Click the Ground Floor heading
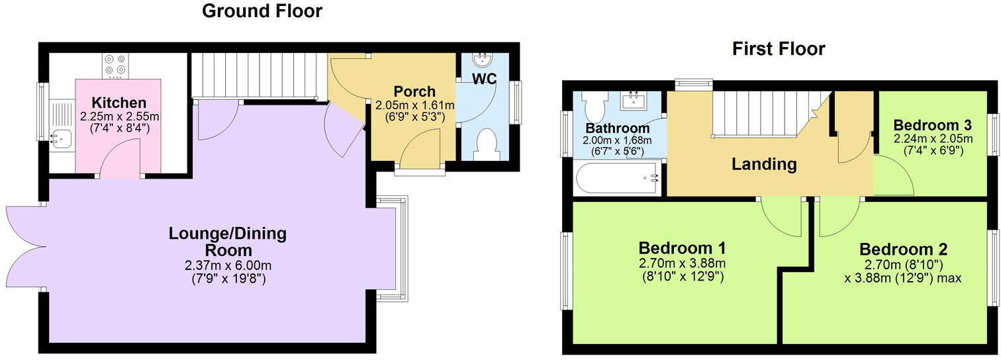262,11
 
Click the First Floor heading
778,49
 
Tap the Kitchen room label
119,103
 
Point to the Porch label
414,91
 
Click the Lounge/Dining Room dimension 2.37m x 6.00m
228,266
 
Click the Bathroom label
617,128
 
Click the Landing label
764,163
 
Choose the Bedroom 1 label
682,248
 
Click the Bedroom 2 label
903,249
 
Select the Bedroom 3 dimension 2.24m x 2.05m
932,139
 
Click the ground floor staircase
258,76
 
